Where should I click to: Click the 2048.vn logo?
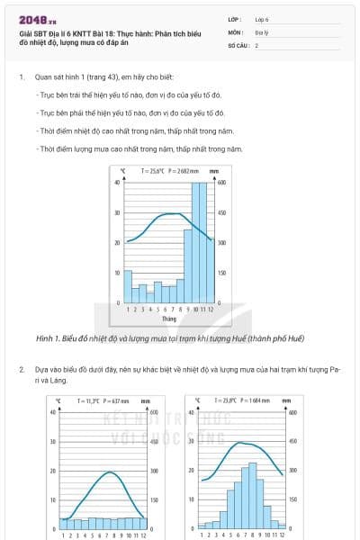pos(37,19)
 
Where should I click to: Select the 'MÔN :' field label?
pos(237,31)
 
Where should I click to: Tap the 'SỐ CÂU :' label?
pos(239,44)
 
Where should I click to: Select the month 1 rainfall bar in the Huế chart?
pos(128,286)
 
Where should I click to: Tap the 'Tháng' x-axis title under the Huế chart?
pos(168,318)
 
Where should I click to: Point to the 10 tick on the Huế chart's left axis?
pos(118,273)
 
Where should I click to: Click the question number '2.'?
pos(21,369)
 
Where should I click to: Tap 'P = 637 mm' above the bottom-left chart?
pos(117,400)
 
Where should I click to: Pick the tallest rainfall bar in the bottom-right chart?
pos(253,495)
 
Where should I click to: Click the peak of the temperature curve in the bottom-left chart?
pos(109,472)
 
